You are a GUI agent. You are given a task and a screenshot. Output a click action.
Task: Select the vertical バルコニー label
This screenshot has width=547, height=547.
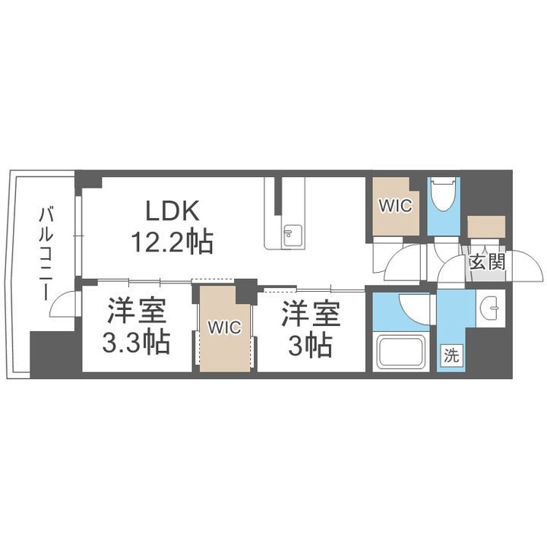(x=45, y=247)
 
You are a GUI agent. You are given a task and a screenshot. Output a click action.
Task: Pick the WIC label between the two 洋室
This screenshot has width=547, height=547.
(x=225, y=327)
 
